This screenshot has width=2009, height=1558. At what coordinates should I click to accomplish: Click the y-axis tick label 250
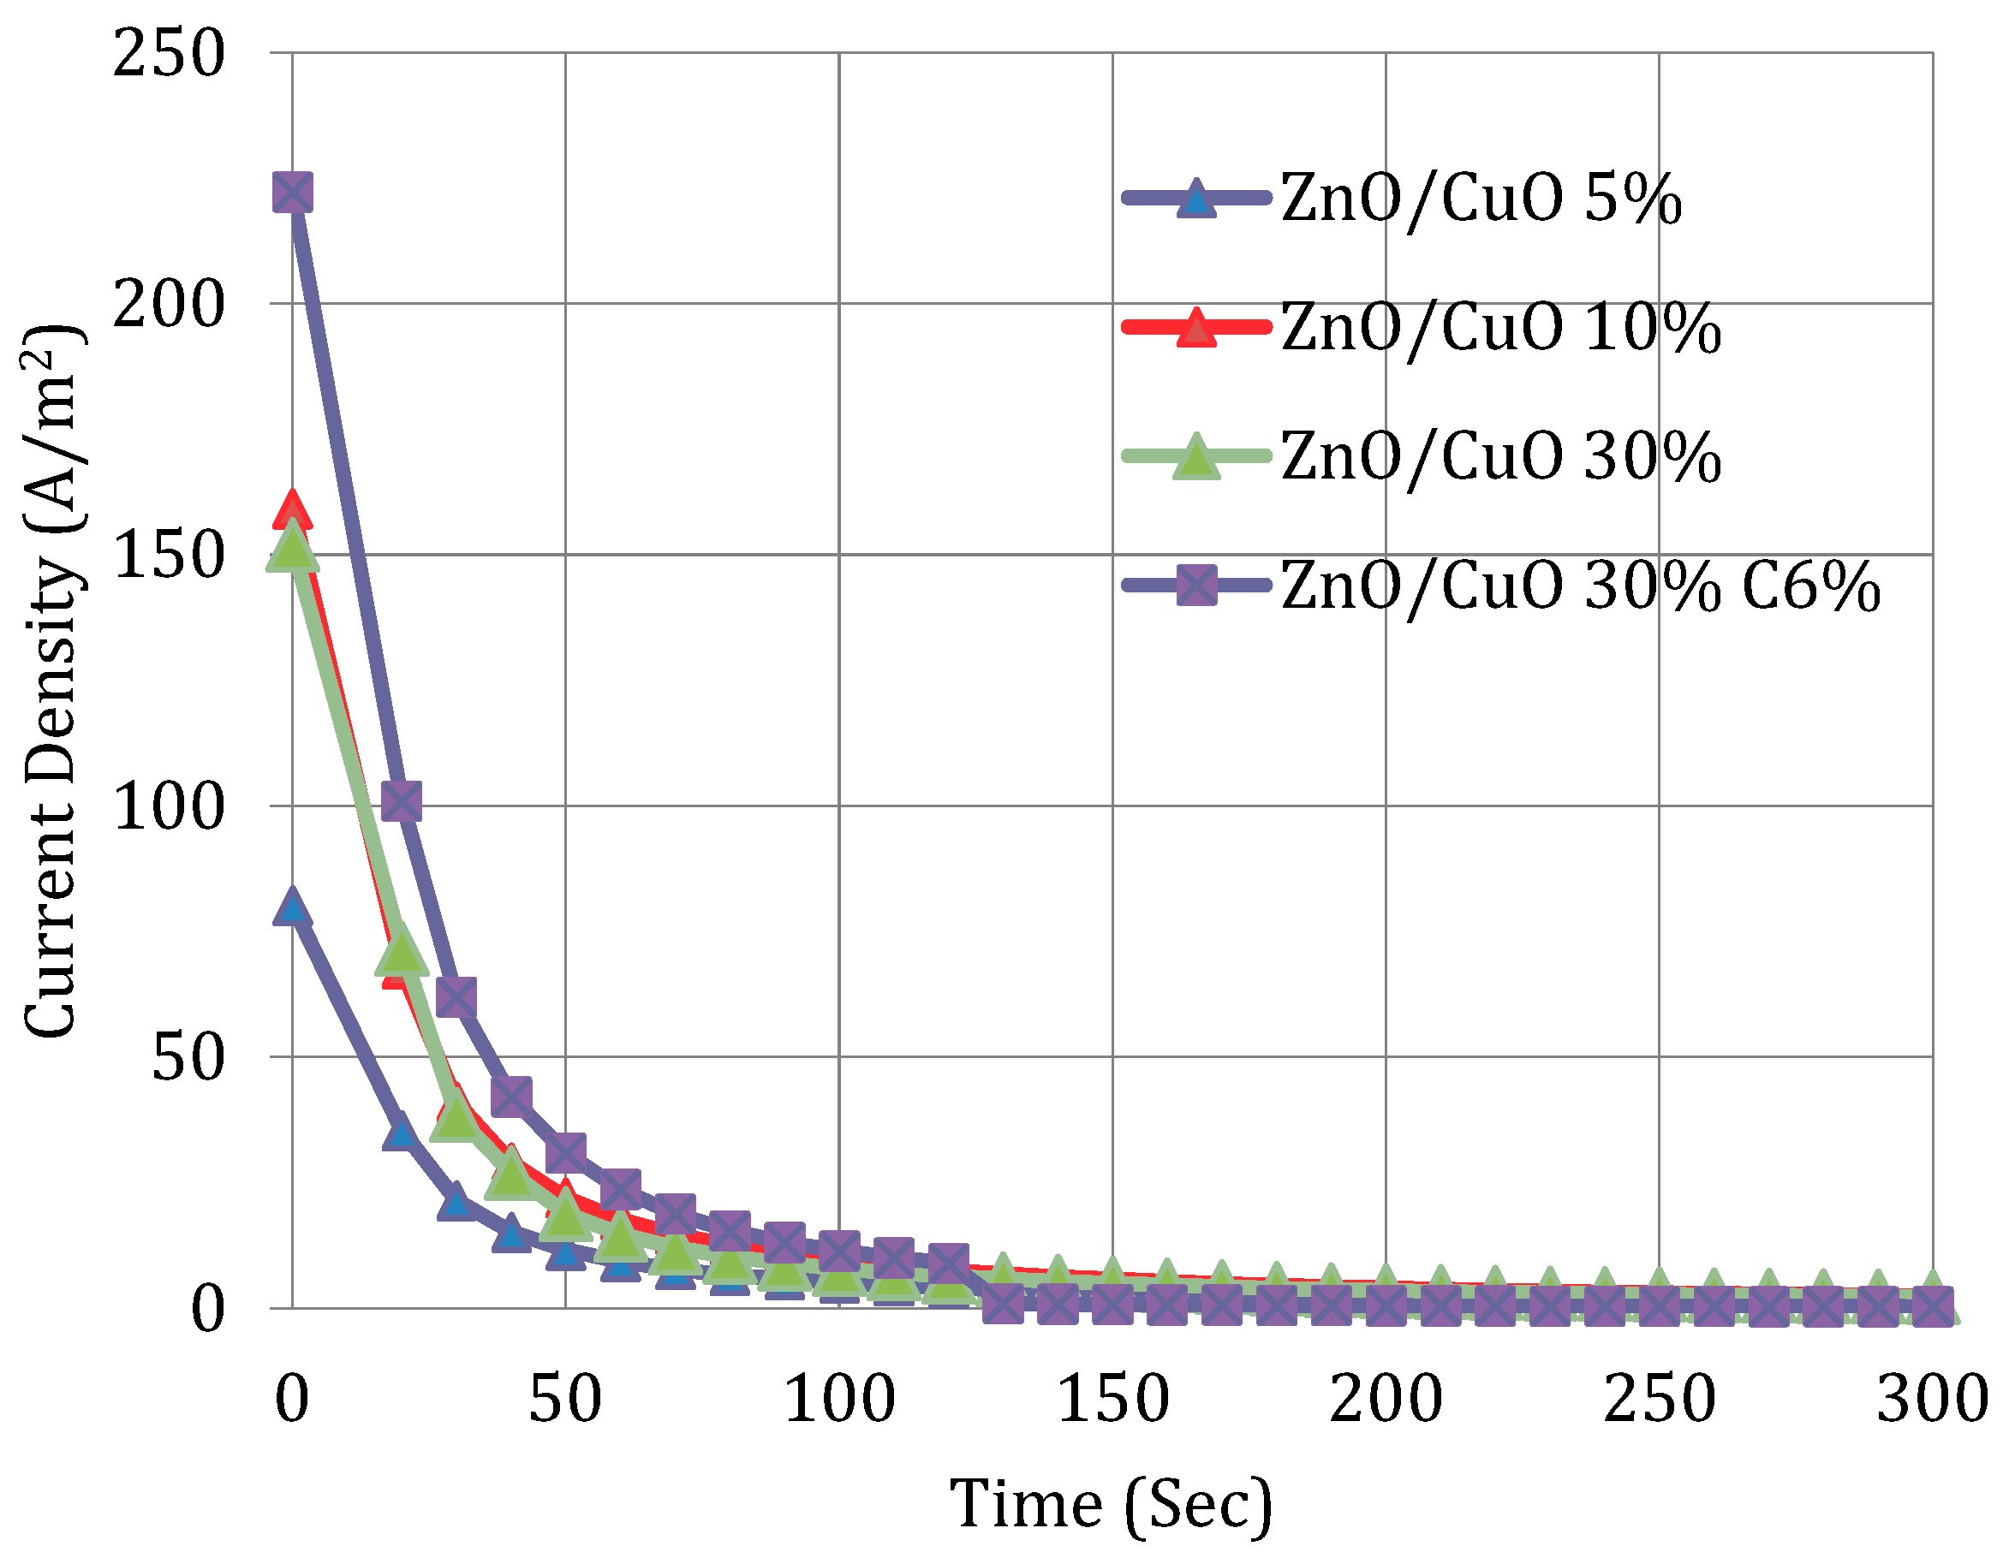tap(169, 52)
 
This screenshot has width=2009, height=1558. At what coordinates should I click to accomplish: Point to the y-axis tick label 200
tap(169, 304)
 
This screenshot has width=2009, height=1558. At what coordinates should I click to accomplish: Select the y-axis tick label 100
tap(169, 806)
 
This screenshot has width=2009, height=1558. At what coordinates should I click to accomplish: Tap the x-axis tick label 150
tap(1113, 1399)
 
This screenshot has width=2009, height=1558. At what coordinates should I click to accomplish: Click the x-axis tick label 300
tap(1933, 1399)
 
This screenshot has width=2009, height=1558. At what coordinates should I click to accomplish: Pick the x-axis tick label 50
tap(565, 1399)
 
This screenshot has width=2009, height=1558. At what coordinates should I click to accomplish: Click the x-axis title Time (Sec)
tap(1112, 1506)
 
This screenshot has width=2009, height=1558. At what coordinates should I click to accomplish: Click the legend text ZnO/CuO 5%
tap(1481, 199)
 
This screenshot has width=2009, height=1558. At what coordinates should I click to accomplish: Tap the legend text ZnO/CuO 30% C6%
tap(1580, 586)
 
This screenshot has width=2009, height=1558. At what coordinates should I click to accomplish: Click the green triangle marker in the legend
tap(1195, 457)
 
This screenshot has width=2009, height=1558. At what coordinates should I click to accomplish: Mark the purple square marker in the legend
tap(1195, 586)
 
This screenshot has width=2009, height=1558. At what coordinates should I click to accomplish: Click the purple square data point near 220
tap(293, 193)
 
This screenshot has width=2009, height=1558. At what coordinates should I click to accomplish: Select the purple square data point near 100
tap(402, 801)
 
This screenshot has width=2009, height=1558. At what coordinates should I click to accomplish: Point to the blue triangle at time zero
tap(293, 907)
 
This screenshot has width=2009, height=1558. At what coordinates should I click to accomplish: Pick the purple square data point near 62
tap(456, 997)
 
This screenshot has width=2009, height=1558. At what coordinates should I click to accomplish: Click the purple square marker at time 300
tap(1933, 1307)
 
